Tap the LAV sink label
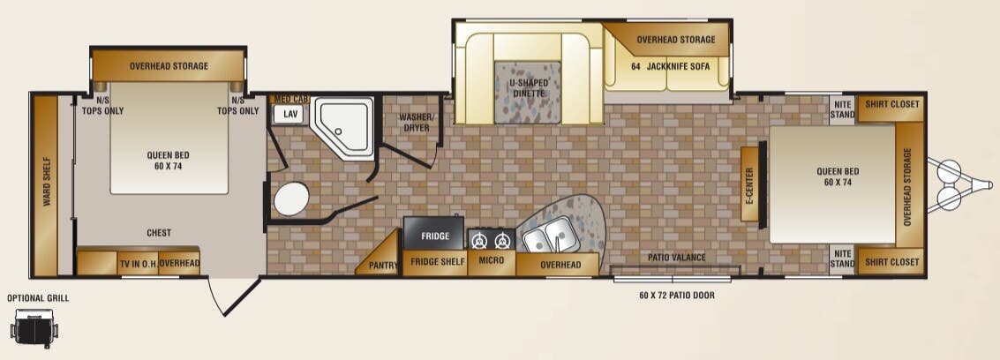tap(290, 115)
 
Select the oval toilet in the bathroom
tap(291, 199)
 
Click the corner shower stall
tap(342, 127)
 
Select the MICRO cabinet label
tap(491, 260)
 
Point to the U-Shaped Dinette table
tap(528, 93)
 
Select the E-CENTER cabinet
tap(749, 184)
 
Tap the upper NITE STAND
tap(842, 110)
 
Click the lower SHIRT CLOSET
tap(891, 262)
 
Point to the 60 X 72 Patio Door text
tap(677, 296)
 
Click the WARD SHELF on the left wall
tap(46, 185)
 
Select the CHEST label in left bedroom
tap(159, 233)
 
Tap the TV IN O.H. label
tap(138, 264)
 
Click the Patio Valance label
tap(677, 258)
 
